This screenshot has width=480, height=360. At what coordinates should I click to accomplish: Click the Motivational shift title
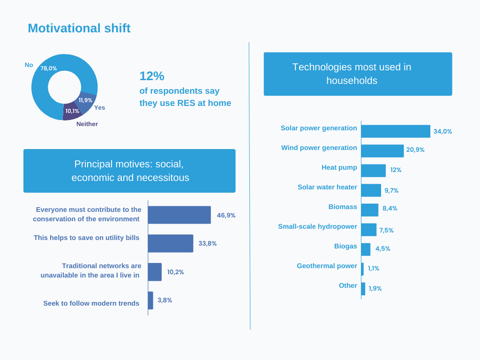coord(79,28)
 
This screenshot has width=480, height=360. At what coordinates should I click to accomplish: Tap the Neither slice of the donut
coord(72,112)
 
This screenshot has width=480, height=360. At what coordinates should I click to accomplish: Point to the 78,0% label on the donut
coord(49,68)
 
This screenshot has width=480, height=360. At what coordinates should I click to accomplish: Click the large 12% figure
coord(152,76)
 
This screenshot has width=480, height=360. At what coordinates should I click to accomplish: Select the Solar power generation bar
coord(395,131)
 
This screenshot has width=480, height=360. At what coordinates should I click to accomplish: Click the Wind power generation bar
coord(382,151)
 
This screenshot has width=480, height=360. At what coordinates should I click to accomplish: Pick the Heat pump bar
coord(373,171)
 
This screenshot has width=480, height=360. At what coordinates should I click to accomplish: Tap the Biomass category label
coord(343,207)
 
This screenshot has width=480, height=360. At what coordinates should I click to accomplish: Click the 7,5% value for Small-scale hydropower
coord(386,230)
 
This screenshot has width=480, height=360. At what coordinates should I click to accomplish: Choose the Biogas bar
coord(366,249)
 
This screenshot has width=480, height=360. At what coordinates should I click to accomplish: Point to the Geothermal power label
coord(327,266)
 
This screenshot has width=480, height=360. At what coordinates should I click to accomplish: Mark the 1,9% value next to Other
coord(375,288)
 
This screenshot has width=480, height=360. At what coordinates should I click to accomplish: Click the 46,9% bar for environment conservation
coord(179,215)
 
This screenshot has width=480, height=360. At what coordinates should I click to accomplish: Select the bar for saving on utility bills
coord(170,243)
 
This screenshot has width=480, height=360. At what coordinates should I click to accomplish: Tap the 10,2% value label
coord(175,272)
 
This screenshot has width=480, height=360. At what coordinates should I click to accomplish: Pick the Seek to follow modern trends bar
coord(150,300)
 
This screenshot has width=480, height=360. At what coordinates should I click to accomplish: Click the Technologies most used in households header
coord(358,74)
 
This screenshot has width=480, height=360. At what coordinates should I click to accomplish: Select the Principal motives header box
coord(129,171)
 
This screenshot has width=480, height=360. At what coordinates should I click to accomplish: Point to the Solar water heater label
coord(327,187)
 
